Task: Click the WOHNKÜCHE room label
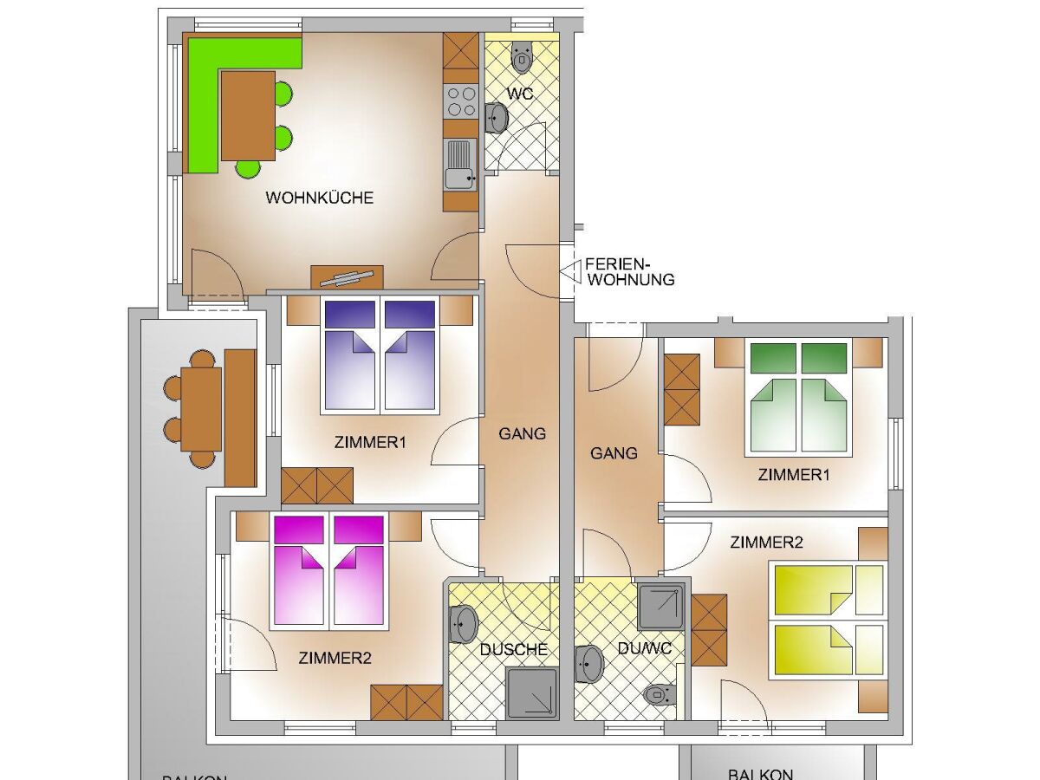(319, 198)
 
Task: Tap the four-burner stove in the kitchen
(460, 101)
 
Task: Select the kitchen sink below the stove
(459, 165)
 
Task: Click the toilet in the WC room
(521, 57)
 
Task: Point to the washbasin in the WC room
(497, 118)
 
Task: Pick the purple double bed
(379, 355)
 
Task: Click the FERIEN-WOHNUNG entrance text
(629, 271)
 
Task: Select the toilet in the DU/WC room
(660, 694)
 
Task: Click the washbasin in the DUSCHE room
(463, 623)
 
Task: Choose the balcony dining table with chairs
(201, 408)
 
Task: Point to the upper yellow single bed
(828, 589)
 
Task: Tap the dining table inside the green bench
(248, 115)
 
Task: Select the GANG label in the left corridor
(523, 433)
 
